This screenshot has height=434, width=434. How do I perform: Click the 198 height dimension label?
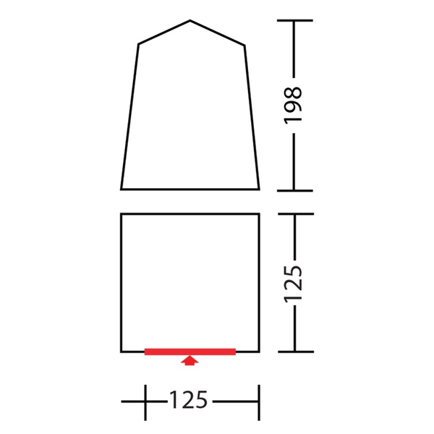click(x=292, y=105)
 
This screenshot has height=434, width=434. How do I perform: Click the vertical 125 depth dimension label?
click(x=292, y=283)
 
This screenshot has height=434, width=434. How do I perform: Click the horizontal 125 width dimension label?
click(x=188, y=400)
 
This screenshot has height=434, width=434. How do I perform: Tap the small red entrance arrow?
click(x=190, y=361)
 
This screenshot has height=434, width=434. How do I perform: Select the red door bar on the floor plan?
click(x=190, y=352)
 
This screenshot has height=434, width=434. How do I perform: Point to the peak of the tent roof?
click(x=190, y=20)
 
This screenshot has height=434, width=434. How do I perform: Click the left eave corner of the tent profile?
click(x=138, y=44)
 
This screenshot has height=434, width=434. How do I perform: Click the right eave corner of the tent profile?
click(x=244, y=46)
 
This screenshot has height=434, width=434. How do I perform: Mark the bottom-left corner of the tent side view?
click(x=122, y=190)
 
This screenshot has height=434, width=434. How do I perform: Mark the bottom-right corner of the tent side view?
click(x=259, y=190)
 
